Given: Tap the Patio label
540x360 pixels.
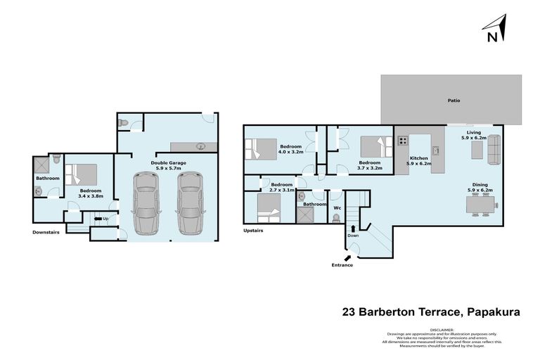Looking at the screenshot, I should tap(454, 101).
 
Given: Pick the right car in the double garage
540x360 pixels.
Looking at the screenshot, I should tap(189, 203).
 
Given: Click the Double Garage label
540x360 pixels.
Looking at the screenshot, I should tap(167, 165).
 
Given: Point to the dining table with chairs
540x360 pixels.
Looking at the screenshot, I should tap(482, 205).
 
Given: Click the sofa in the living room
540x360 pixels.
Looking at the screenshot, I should tap(494, 148).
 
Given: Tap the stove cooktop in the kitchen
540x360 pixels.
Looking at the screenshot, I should tap(404, 141).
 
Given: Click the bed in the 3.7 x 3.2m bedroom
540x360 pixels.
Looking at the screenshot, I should tap(373, 146).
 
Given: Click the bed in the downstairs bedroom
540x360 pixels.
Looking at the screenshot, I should tap(83, 174).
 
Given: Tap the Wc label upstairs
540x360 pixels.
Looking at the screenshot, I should tap(337, 207).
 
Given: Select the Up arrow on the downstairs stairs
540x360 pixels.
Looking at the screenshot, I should tap(98, 219).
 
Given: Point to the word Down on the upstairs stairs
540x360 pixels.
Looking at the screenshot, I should tap(353, 236).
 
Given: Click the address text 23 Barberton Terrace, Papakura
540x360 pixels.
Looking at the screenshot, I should tap(431, 311).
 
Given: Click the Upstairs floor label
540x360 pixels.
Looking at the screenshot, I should tap(253, 230).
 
